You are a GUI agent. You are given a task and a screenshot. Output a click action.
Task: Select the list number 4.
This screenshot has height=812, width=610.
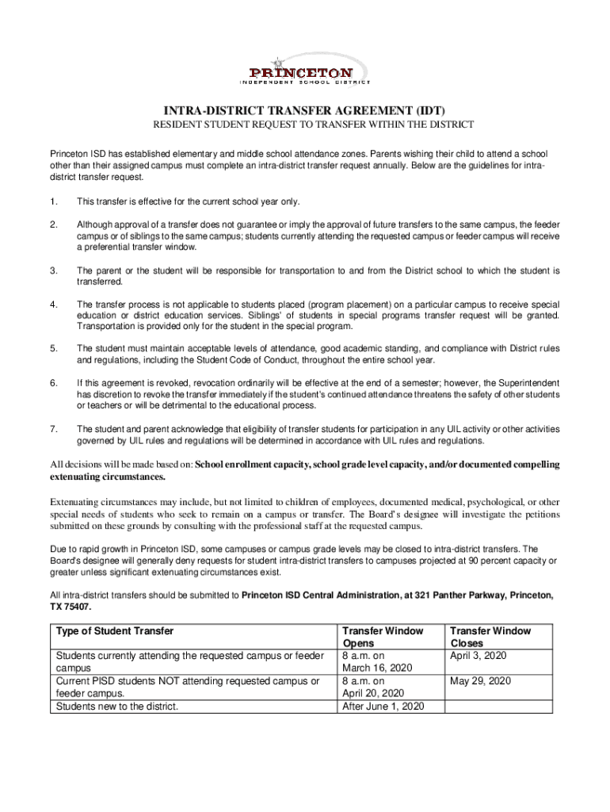coord(53,304)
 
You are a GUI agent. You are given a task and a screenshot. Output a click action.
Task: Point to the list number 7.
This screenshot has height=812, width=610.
coord(53,429)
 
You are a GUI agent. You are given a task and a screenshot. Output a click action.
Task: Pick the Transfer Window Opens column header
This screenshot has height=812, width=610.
coord(383,637)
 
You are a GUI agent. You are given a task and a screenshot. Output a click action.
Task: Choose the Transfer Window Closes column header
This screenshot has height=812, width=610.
coord(490,637)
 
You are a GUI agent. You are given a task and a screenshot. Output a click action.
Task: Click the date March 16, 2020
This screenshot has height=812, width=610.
coord(378,668)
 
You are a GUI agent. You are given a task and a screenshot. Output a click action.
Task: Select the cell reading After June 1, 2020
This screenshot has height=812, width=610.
coord(383,706)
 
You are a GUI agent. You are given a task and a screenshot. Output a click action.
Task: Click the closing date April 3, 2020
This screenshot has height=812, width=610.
coord(478,656)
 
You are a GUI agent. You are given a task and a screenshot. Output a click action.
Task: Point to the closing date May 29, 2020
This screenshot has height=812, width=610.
coord(480,681)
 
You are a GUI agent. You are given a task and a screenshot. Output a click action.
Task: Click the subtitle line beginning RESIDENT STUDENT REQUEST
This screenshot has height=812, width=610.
coord(313,125)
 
